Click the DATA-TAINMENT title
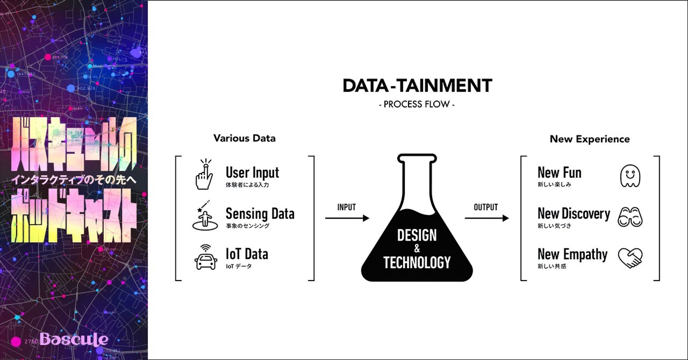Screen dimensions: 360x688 click(417, 85)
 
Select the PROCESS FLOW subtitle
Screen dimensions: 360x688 click(417, 104)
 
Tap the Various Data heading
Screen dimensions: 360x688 click(244, 138)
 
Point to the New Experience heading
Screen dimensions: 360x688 click(590, 139)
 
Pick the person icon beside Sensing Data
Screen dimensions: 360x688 click(204, 216)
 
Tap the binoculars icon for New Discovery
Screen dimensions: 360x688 click(630, 217)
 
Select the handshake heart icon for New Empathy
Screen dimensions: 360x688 click(630, 257)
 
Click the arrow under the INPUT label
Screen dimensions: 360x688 click(347, 218)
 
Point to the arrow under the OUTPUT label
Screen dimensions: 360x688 click(486, 218)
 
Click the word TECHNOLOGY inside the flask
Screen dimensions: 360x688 click(417, 262)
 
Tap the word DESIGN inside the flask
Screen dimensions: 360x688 click(417, 235)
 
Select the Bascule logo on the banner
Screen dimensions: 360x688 click(74, 339)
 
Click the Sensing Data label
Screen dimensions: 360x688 click(260, 214)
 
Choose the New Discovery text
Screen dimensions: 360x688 click(574, 214)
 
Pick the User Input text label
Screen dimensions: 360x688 click(252, 173)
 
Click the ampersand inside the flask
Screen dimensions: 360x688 click(417, 249)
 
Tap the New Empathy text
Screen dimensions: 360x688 click(572, 254)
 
